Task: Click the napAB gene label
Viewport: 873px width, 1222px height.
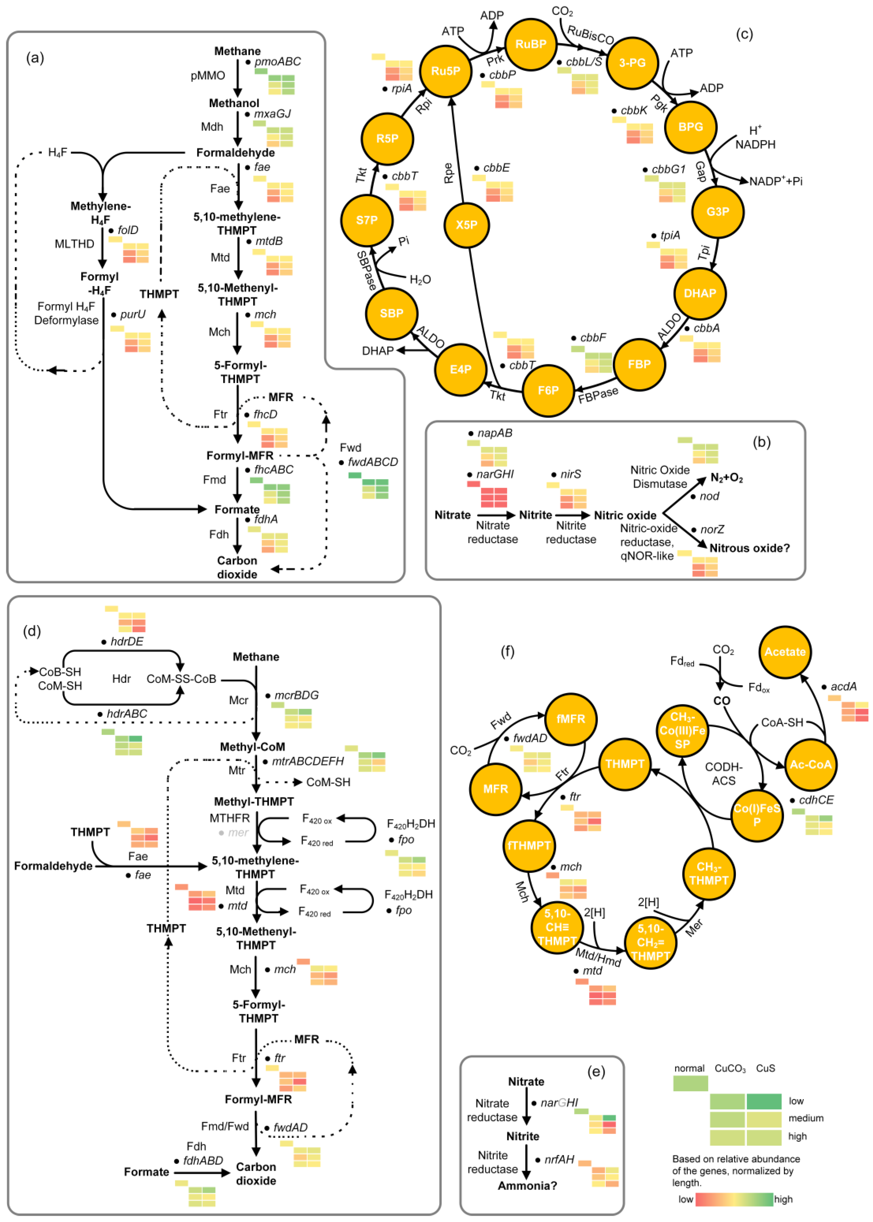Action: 495,433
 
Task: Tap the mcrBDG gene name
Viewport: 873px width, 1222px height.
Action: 296,695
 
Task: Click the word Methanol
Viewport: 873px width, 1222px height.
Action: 234,103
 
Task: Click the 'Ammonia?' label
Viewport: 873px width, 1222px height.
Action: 527,1185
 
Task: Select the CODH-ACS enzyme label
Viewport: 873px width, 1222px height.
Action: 723,773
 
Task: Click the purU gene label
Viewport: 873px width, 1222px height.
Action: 133,314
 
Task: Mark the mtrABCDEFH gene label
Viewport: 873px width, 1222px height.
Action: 307,761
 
